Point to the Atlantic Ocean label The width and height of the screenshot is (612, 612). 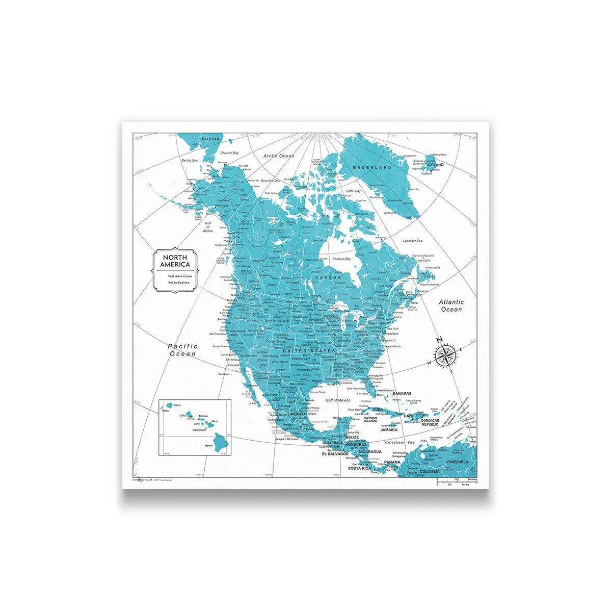[x=451, y=305]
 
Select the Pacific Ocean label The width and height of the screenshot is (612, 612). [x=182, y=350]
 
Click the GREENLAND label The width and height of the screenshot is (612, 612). [x=373, y=167]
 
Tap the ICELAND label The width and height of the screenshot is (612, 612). [x=435, y=165]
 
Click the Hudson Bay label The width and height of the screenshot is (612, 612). [x=341, y=259]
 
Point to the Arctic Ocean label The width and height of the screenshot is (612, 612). [x=279, y=156]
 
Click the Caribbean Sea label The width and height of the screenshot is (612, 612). [x=400, y=443]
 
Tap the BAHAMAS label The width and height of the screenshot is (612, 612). [x=402, y=394]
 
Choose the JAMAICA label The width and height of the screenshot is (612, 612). [x=389, y=430]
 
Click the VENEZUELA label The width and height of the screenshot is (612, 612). [x=457, y=462]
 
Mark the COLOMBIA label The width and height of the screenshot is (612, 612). [x=429, y=472]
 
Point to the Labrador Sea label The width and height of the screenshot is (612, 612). [x=412, y=241]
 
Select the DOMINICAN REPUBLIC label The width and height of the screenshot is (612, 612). [x=430, y=422]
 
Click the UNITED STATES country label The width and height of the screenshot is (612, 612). [x=309, y=351]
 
